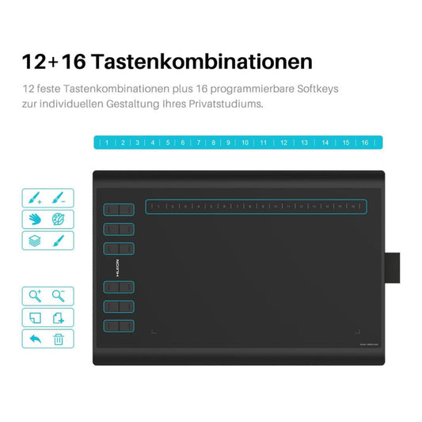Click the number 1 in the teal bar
point(107,143)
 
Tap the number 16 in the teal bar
point(364,143)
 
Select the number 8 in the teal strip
point(213,143)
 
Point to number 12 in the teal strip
point(283,143)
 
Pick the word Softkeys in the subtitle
point(313,89)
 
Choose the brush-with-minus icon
point(60,197)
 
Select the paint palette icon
point(59,219)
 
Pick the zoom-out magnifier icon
point(59,296)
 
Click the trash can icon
point(59,340)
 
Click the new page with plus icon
point(59,318)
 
